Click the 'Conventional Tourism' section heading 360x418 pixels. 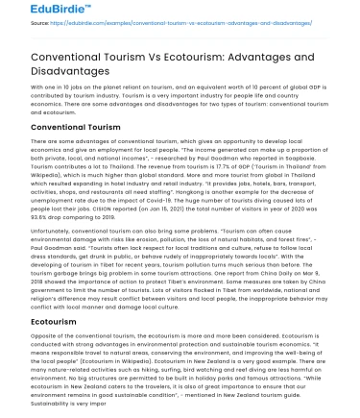coord(63,126)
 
